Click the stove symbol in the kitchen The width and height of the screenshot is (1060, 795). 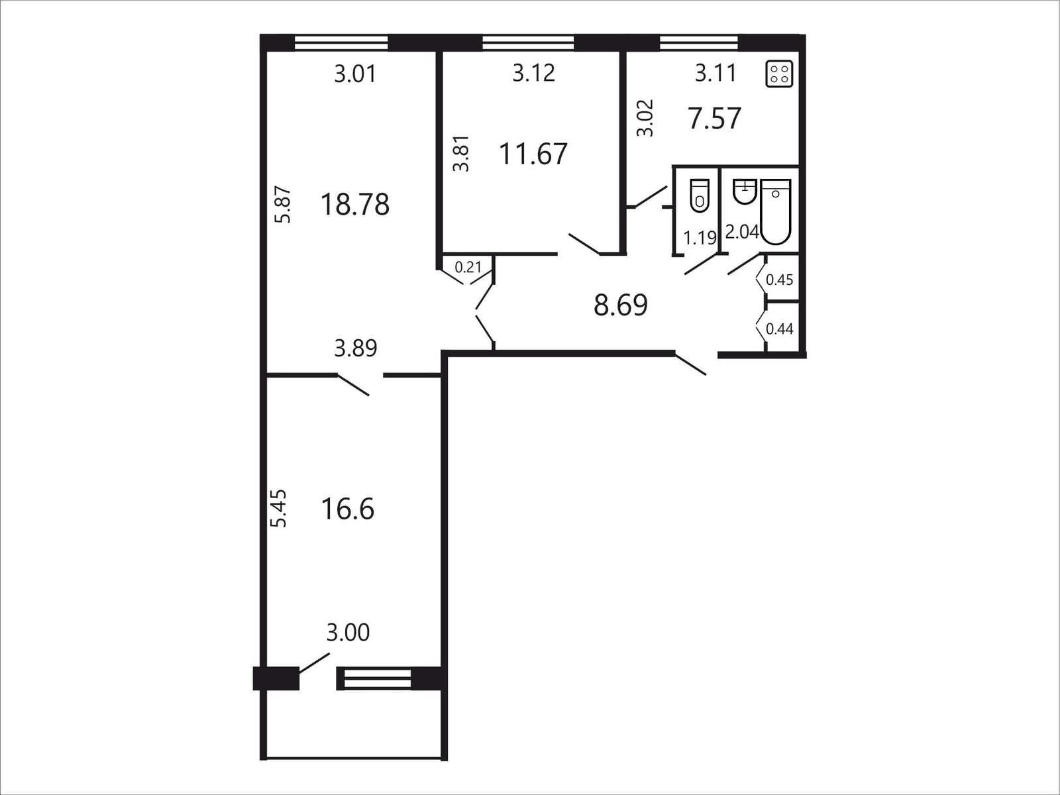click(779, 74)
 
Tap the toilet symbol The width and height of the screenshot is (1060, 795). click(700, 195)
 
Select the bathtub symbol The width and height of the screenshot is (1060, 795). click(776, 211)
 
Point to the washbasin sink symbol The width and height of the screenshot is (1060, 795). click(744, 191)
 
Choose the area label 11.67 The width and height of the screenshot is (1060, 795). click(533, 154)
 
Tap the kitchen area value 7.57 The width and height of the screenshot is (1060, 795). click(715, 119)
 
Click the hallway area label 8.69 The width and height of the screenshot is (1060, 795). click(621, 305)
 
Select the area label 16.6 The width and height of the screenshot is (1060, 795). click(348, 509)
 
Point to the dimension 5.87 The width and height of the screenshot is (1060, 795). click(284, 205)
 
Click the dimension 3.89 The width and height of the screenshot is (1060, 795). click(355, 348)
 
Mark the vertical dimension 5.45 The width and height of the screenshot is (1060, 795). click(280, 508)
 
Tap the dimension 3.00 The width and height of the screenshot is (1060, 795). click(348, 632)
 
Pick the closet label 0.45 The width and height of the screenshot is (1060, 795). click(779, 280)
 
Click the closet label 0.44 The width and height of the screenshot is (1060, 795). click(779, 329)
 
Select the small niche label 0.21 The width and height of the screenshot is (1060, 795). click(468, 267)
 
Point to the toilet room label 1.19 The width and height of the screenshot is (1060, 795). click(700, 238)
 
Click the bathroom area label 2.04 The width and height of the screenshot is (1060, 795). click(743, 233)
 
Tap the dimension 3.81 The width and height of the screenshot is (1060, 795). click(461, 154)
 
